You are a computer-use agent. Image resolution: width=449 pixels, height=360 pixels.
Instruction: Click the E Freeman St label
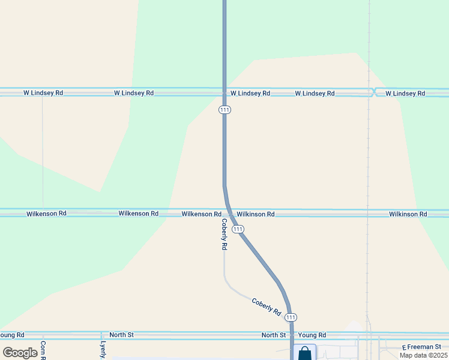(x=421, y=347)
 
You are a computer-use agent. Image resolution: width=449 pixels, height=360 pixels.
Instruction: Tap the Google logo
(x=20, y=353)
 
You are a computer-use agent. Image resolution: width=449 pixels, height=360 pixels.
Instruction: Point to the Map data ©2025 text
(x=423, y=355)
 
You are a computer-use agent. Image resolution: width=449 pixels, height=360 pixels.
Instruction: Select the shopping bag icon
(x=304, y=353)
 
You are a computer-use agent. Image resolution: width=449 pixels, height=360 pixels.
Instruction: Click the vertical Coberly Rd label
(x=224, y=234)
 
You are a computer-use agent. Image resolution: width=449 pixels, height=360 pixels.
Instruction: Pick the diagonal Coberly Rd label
(x=266, y=307)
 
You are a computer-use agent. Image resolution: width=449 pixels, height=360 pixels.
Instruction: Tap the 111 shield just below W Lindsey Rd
(x=224, y=110)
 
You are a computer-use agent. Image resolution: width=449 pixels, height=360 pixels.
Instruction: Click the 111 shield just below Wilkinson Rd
(x=238, y=229)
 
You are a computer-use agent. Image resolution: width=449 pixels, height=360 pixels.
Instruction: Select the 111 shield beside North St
(x=291, y=317)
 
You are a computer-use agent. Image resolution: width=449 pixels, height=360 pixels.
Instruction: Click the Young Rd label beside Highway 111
(x=312, y=335)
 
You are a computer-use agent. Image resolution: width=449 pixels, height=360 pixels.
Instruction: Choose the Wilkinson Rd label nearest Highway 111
(x=256, y=214)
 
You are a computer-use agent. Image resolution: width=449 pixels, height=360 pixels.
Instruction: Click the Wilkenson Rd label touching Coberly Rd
(x=201, y=214)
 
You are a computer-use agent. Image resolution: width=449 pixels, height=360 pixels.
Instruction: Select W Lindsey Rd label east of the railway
(x=405, y=94)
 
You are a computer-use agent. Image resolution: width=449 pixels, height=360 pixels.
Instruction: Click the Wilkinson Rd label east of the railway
(x=408, y=214)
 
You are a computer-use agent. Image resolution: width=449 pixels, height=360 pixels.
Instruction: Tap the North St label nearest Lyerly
(x=121, y=334)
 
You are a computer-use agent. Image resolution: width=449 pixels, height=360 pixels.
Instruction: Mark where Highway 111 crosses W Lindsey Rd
(x=224, y=92)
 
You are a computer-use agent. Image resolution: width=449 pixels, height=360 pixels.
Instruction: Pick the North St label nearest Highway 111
(x=274, y=335)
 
